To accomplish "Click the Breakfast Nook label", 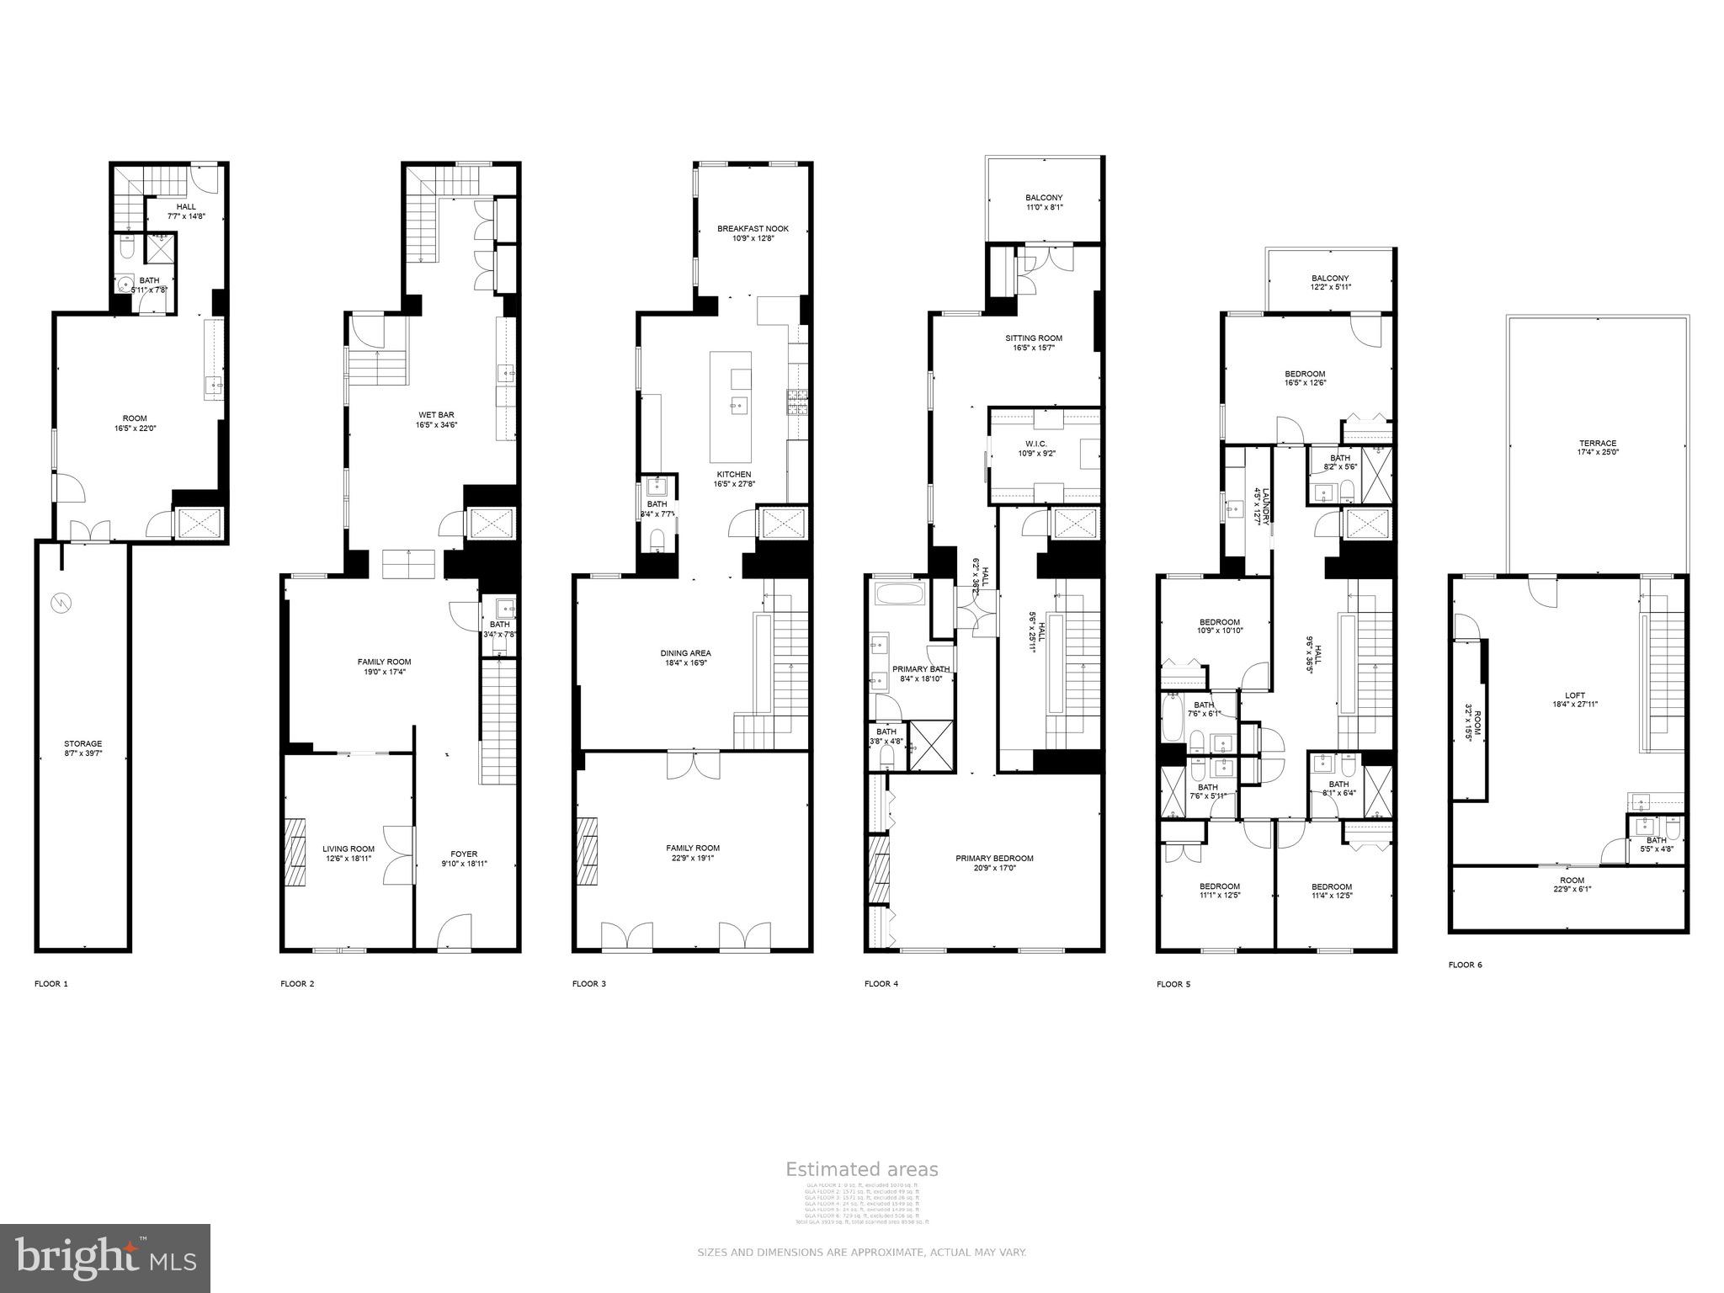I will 753,233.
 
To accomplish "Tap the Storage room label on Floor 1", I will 83,748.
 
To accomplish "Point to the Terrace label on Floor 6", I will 1597,447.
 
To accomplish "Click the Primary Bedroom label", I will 994,863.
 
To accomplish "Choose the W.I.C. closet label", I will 1036,448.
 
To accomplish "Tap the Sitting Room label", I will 1034,343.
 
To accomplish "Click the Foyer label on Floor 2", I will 464,859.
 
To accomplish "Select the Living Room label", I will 349,854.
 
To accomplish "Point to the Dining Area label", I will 685,657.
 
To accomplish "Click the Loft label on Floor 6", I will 1574,700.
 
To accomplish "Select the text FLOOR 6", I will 1465,965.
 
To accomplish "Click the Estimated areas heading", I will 861,1169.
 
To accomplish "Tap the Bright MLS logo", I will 105,1258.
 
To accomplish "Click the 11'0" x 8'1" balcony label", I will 1044,202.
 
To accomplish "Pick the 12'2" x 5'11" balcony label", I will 1330,283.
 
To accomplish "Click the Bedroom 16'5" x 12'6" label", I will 1305,378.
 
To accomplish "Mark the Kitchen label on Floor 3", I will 734,479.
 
